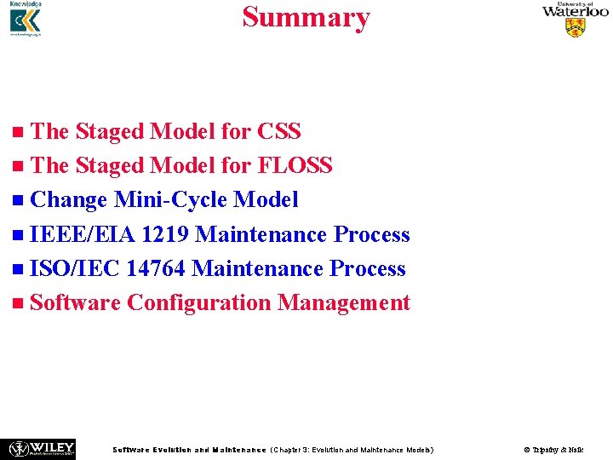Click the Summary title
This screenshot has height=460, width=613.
tap(306, 17)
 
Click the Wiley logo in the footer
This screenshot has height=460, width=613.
tap(41, 448)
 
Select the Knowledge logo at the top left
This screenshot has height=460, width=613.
tap(26, 20)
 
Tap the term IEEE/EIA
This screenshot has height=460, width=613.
tap(83, 234)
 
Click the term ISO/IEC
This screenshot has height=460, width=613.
tap(74, 268)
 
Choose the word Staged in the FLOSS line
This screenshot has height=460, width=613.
tap(109, 166)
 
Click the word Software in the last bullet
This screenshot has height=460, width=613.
tap(75, 302)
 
